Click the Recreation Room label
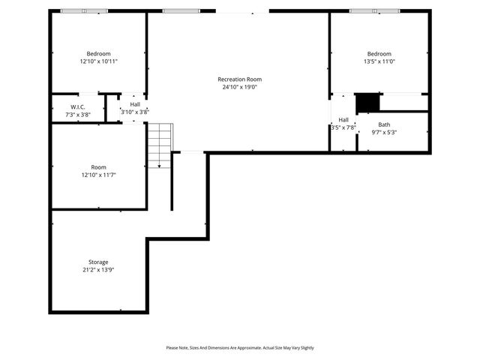pyautogui.click(x=239, y=79)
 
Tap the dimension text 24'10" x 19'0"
pyautogui.click(x=239, y=87)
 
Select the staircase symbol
pyautogui.click(x=158, y=145)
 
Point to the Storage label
pyautogui.click(x=98, y=262)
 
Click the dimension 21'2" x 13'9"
pyautogui.click(x=98, y=270)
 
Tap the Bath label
pyautogui.click(x=384, y=124)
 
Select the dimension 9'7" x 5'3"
pyautogui.click(x=384, y=133)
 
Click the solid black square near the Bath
pyautogui.click(x=367, y=101)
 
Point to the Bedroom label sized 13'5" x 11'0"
pyautogui.click(x=379, y=53)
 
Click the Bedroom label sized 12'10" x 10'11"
pyautogui.click(x=98, y=53)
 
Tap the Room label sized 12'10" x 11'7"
pyautogui.click(x=98, y=166)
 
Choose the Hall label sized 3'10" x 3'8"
pyautogui.click(x=135, y=104)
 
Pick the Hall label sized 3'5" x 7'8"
pyautogui.click(x=343, y=120)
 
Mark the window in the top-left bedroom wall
pyautogui.click(x=84, y=11)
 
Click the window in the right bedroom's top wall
pyautogui.click(x=375, y=11)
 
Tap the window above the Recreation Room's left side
pyautogui.click(x=176, y=11)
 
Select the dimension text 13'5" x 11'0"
pyautogui.click(x=379, y=61)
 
